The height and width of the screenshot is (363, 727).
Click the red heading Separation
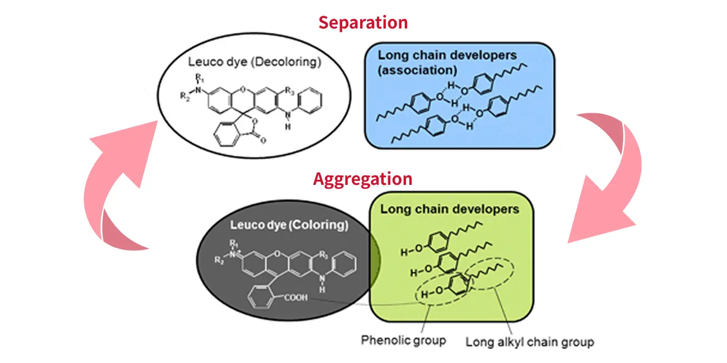click(x=363, y=23)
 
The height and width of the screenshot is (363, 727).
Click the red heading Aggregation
click(x=362, y=179)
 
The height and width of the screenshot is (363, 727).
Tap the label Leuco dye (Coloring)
click(x=289, y=225)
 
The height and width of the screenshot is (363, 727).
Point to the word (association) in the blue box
click(x=417, y=70)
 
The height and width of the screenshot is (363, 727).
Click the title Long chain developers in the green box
click(x=450, y=209)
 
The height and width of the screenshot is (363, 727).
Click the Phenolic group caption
click(x=403, y=340)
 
